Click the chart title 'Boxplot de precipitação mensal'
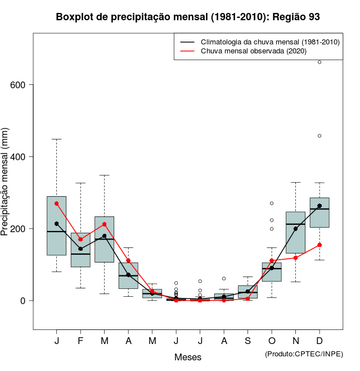(188, 17)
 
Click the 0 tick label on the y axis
(23, 301)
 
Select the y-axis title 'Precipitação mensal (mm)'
(6, 189)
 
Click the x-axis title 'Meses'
(188, 357)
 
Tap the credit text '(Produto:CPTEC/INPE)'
(304, 354)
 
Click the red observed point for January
(57, 203)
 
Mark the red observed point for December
(319, 245)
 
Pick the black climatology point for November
(296, 229)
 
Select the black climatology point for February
(80, 249)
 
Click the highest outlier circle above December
(319, 62)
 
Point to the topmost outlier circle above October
(272, 203)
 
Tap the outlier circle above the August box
(224, 278)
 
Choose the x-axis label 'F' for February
(80, 341)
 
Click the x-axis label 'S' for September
(248, 341)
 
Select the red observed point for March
(105, 224)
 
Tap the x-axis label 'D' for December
(319, 341)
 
